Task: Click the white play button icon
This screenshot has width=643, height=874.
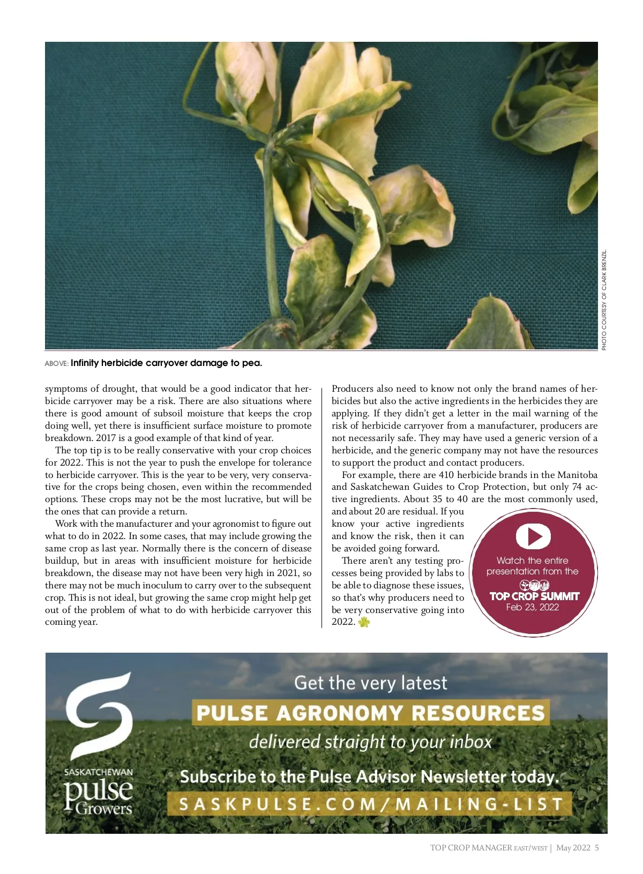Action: coord(533,536)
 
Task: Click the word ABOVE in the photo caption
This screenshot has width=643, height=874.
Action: coord(56,364)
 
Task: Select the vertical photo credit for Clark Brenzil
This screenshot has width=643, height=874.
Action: coord(604,300)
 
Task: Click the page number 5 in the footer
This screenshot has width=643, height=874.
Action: coord(597,848)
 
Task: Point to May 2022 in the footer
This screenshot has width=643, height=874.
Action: coord(573,848)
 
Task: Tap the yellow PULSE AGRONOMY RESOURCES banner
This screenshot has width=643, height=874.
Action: coord(370,713)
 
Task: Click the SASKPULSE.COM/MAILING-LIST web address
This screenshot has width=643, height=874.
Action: coord(370,804)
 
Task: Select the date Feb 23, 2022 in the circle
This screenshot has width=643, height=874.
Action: coord(532,607)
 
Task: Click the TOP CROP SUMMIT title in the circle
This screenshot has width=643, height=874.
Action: coord(534,596)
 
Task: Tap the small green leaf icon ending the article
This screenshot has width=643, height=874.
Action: coord(364,622)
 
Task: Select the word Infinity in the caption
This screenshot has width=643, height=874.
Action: coord(85,363)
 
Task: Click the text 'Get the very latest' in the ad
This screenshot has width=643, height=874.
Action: coord(370,683)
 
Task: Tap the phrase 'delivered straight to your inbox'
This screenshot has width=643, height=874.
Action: coord(370,742)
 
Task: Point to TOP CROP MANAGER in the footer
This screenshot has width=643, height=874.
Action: coord(471,848)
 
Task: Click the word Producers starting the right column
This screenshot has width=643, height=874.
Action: coord(353,389)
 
